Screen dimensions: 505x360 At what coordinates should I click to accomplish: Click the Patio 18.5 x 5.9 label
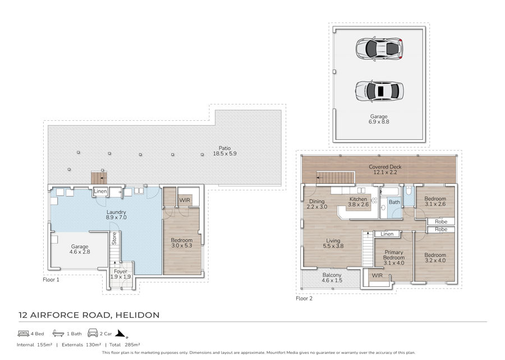224,151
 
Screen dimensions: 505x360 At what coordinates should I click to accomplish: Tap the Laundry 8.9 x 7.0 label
116,215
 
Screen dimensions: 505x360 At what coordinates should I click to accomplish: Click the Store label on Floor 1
114,238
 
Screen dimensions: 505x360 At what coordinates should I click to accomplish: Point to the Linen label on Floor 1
100,191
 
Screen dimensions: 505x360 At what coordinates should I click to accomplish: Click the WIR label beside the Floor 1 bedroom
185,200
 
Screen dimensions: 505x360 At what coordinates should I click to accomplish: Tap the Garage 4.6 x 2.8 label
80,249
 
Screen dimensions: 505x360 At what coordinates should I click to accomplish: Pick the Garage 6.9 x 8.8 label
379,119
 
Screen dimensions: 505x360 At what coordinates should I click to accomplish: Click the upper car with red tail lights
379,49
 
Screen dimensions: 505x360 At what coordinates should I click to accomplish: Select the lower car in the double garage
379,91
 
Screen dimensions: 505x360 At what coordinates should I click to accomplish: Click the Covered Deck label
385,170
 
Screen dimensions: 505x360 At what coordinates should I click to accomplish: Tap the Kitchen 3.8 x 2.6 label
358,202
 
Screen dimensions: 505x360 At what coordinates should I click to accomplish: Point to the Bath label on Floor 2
394,202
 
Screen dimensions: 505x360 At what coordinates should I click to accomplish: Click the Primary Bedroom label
393,258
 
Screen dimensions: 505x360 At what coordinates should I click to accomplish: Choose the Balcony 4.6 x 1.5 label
332,277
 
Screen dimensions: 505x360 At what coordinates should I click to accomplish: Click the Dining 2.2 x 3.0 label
316,204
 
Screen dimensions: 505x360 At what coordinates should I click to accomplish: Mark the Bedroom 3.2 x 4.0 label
435,258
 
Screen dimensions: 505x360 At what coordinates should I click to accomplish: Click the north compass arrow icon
121,334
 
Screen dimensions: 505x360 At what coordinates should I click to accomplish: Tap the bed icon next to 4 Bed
24,333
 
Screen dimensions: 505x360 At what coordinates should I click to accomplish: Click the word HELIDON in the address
137,315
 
